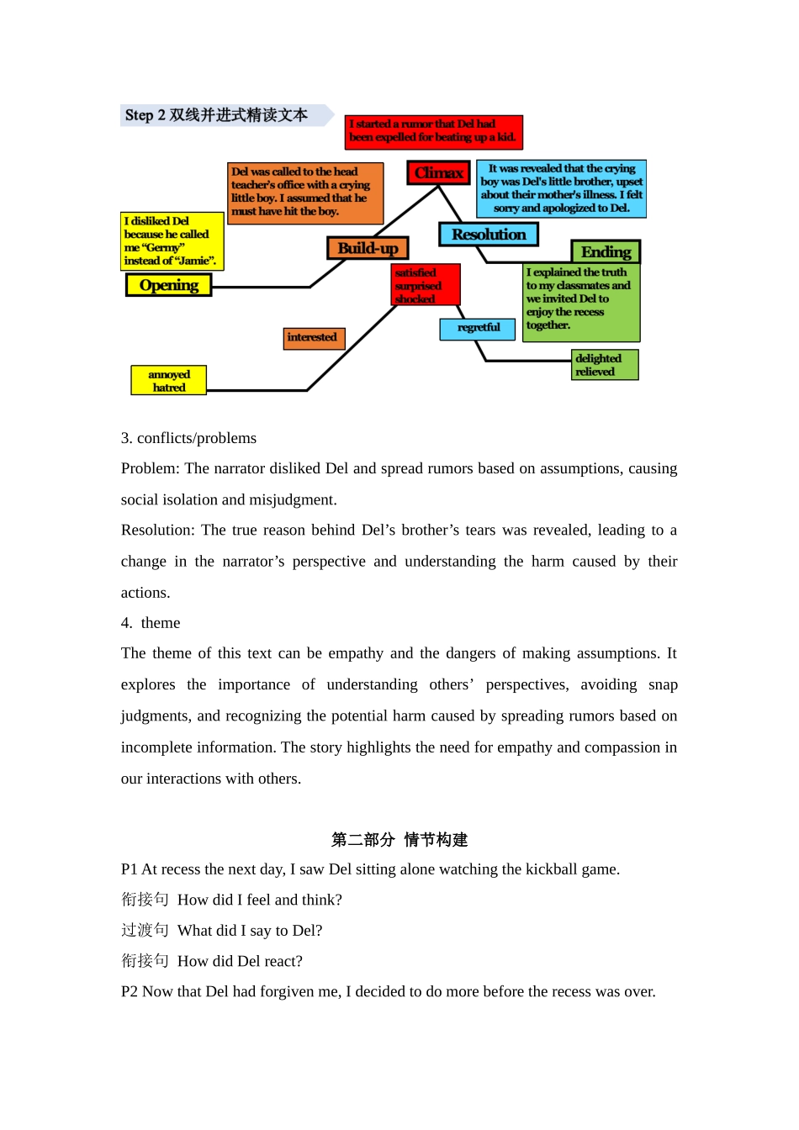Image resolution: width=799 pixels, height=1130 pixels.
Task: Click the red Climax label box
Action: point(438,173)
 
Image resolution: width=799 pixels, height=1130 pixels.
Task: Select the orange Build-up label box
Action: point(368,248)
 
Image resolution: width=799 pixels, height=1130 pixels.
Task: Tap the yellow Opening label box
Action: point(168,286)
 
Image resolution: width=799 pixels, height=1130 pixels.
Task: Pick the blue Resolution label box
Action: point(489,235)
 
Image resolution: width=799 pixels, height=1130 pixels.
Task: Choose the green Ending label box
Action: point(606,252)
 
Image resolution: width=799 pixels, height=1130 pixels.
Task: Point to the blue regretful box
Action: point(478,329)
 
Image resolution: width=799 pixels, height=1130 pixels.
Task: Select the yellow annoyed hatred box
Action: point(169,381)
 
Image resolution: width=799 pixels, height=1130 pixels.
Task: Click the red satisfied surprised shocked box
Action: point(426,285)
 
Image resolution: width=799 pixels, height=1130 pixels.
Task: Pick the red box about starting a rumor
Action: point(434,131)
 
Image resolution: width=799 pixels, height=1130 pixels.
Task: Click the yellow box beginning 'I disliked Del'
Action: point(172,241)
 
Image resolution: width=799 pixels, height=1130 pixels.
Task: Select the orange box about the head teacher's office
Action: point(305,193)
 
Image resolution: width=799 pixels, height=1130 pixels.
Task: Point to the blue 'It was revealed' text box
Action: point(561,188)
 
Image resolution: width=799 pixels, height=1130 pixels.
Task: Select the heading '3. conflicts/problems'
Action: point(188,438)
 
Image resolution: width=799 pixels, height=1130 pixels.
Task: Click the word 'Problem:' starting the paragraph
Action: point(150,468)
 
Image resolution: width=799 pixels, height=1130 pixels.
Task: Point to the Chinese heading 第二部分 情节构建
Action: point(399,839)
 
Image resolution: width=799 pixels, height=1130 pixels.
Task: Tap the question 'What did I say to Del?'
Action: point(250,931)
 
